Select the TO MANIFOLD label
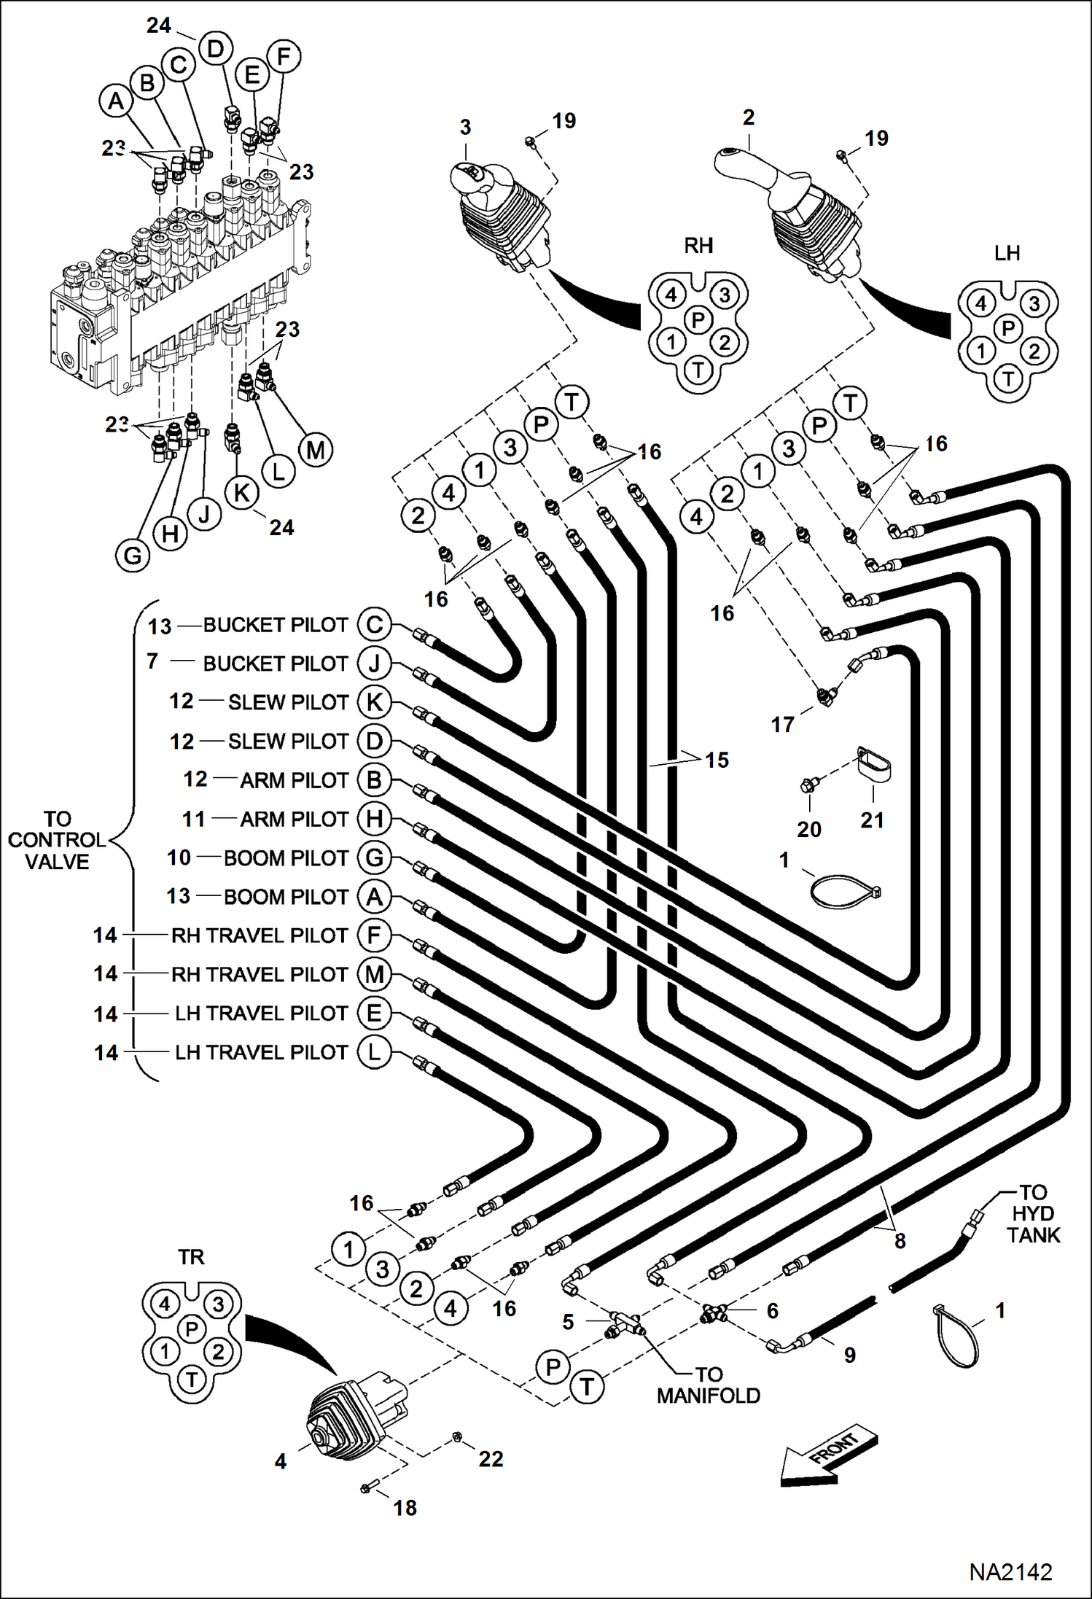tap(708, 1385)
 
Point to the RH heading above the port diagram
tap(698, 246)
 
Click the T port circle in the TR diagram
tap(192, 1379)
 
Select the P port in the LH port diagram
tap(1008, 328)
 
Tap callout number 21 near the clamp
tap(872, 820)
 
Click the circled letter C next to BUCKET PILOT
tap(374, 624)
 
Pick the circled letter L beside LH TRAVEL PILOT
tap(374, 1052)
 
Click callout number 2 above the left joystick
tap(748, 117)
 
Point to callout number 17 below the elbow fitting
tap(782, 724)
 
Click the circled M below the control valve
tap(315, 451)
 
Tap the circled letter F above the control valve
tap(284, 56)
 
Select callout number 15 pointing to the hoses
tap(717, 760)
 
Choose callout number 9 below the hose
tap(849, 1355)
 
